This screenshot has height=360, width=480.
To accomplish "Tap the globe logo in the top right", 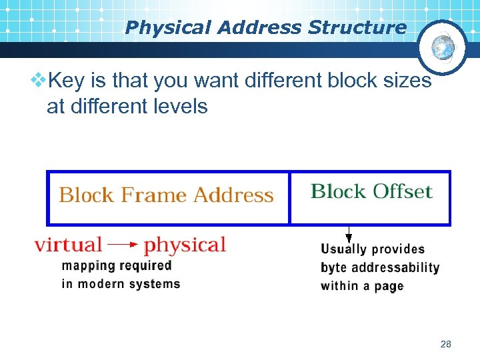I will [443, 47].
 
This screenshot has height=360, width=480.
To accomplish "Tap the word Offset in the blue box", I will [402, 192].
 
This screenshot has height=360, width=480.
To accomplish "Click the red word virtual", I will [68, 245].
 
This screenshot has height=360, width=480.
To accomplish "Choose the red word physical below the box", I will [185, 245].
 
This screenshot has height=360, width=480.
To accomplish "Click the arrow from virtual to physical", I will [123, 245].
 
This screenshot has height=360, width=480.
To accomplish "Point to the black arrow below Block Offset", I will [348, 234].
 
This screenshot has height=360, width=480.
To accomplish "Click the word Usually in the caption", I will [344, 249].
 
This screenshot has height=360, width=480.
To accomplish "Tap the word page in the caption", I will [388, 287].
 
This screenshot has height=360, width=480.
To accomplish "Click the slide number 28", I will [446, 344].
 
